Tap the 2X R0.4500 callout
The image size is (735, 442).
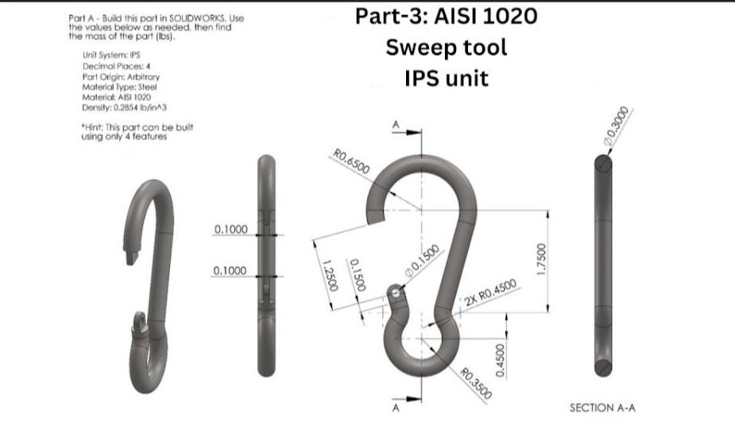coord(490,293)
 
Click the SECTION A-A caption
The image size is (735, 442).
coord(602,408)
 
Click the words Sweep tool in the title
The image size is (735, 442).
coord(447,47)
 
